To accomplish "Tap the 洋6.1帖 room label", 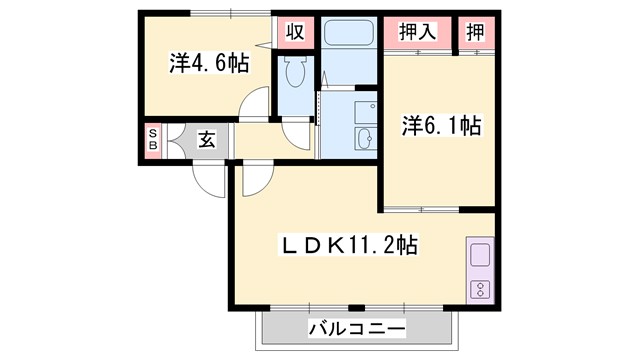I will [x=442, y=126].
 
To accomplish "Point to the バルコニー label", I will [x=356, y=328].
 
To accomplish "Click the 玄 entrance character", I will [x=205, y=140].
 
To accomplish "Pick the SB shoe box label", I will [x=153, y=140].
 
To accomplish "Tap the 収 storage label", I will [x=295, y=30].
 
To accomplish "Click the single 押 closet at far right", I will [x=476, y=30].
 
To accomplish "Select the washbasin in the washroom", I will [x=361, y=138].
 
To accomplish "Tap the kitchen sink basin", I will [x=478, y=255].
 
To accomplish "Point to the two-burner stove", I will [x=478, y=290].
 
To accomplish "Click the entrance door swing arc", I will [x=210, y=180].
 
